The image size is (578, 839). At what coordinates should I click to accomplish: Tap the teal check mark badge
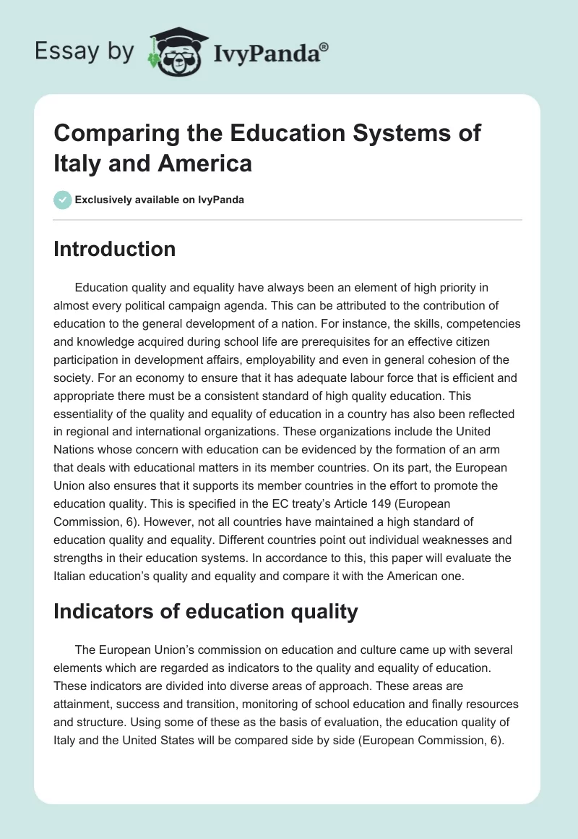[64, 200]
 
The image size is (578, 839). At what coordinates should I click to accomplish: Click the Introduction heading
[115, 249]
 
